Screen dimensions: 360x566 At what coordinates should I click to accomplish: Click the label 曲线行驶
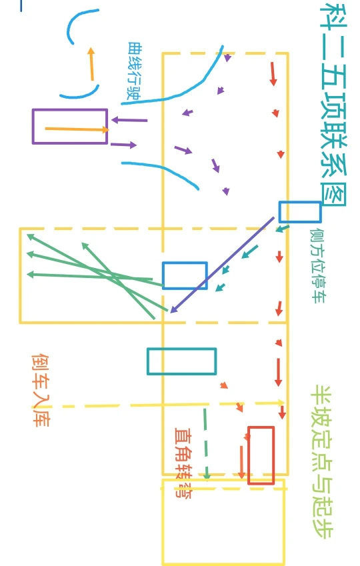pyautogui.click(x=134, y=71)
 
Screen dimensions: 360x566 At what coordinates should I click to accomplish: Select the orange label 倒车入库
pyautogui.click(x=41, y=390)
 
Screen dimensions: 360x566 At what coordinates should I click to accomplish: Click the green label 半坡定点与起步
pyautogui.click(x=322, y=462)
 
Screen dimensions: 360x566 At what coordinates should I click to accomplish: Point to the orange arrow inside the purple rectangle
pyautogui.click(x=77, y=129)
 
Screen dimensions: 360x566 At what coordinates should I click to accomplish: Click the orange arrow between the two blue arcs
pyautogui.click(x=91, y=64)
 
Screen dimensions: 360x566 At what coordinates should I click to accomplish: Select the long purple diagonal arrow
pyautogui.click(x=222, y=265)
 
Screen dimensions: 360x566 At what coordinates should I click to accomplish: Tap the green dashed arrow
pyautogui.click(x=205, y=444)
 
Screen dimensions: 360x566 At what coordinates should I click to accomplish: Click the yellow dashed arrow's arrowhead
pyautogui.click(x=281, y=403)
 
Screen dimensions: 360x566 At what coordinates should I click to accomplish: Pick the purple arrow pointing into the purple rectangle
pyautogui.click(x=129, y=120)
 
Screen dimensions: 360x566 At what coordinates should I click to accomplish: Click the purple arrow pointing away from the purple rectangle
pyautogui.click(x=123, y=145)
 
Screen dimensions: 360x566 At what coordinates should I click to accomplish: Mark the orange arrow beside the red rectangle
pyautogui.click(x=241, y=463)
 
